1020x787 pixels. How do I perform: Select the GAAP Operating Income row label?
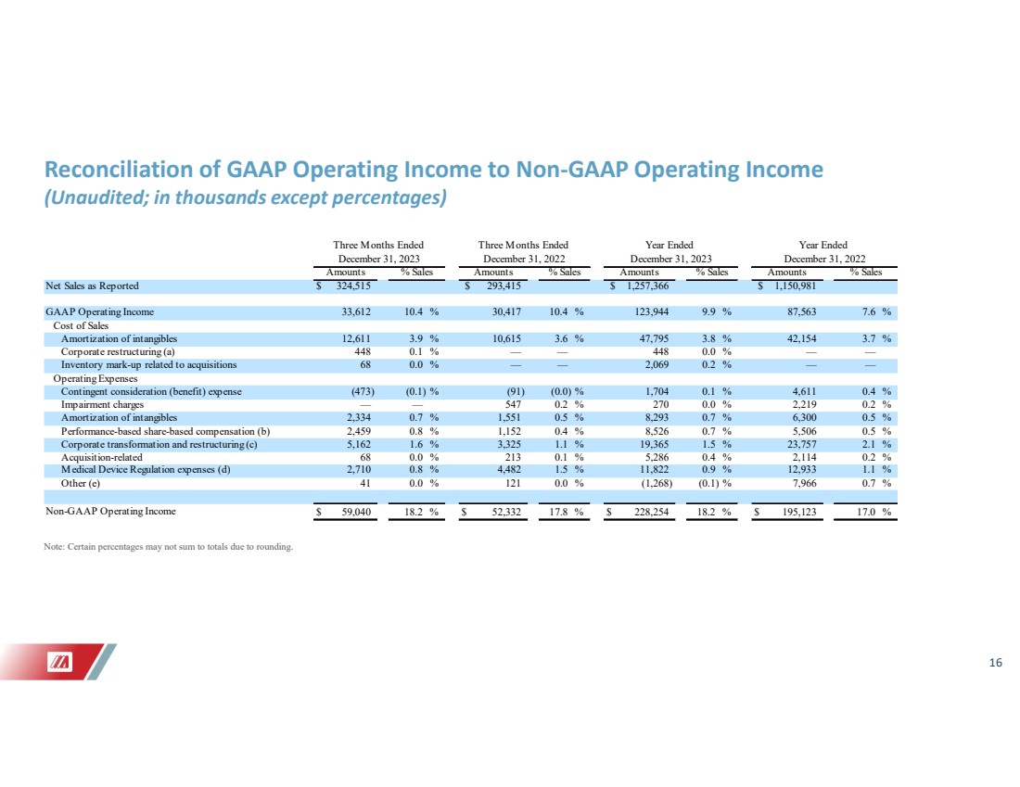(x=99, y=312)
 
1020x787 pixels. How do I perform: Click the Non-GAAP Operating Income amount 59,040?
(x=356, y=512)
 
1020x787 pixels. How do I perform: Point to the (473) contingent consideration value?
(x=363, y=391)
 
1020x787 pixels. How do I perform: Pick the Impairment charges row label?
(x=102, y=404)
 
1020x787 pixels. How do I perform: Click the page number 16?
(x=995, y=663)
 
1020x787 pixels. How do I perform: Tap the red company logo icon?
(x=60, y=662)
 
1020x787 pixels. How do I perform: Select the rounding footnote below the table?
(x=169, y=547)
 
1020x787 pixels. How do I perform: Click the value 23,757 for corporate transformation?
(x=801, y=444)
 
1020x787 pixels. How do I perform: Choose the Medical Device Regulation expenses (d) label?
(x=146, y=470)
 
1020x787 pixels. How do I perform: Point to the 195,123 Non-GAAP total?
(x=798, y=512)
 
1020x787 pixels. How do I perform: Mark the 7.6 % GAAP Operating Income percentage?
(x=876, y=312)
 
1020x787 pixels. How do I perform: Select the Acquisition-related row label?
(x=101, y=457)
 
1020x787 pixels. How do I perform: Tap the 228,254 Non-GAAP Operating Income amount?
(x=651, y=512)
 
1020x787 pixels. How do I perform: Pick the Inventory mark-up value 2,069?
(x=656, y=365)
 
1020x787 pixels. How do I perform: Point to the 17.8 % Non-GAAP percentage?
(x=566, y=512)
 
